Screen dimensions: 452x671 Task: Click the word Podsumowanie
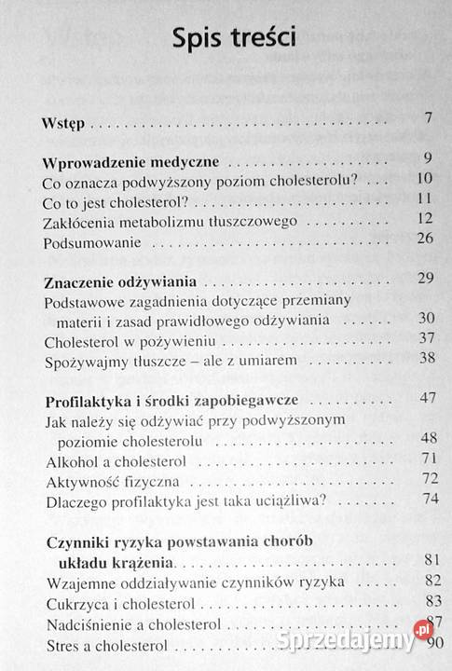click(x=91, y=243)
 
